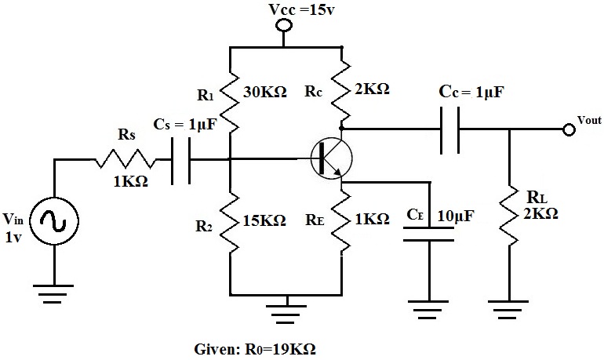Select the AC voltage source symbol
click(x=55, y=223)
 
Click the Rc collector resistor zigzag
click(x=343, y=91)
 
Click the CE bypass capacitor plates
click(x=429, y=235)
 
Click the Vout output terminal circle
click(x=568, y=129)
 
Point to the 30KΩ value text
click(x=264, y=91)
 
